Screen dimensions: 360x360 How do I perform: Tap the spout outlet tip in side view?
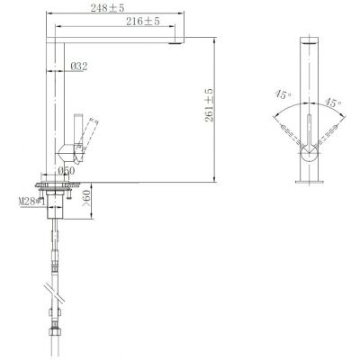(x=175, y=41)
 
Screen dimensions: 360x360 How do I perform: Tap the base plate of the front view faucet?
(x=310, y=180)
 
